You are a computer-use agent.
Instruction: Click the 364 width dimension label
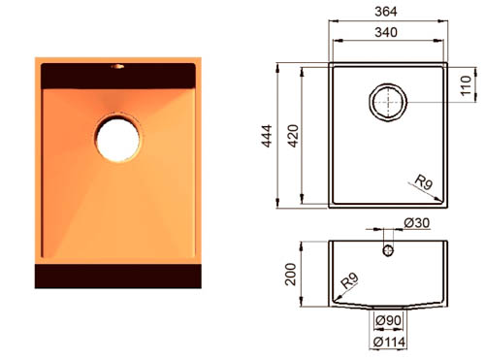click(386, 12)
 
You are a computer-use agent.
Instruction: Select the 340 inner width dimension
click(386, 32)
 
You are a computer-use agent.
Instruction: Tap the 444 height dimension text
click(267, 136)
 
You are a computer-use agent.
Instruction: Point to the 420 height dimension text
click(293, 136)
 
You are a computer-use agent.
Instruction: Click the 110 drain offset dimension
click(466, 85)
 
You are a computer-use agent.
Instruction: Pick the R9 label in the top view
click(424, 181)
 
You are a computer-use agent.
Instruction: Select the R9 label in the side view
click(349, 280)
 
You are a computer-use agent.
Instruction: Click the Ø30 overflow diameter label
click(417, 222)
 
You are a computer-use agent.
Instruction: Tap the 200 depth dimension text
click(290, 275)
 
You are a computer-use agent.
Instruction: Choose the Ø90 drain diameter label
click(388, 320)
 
